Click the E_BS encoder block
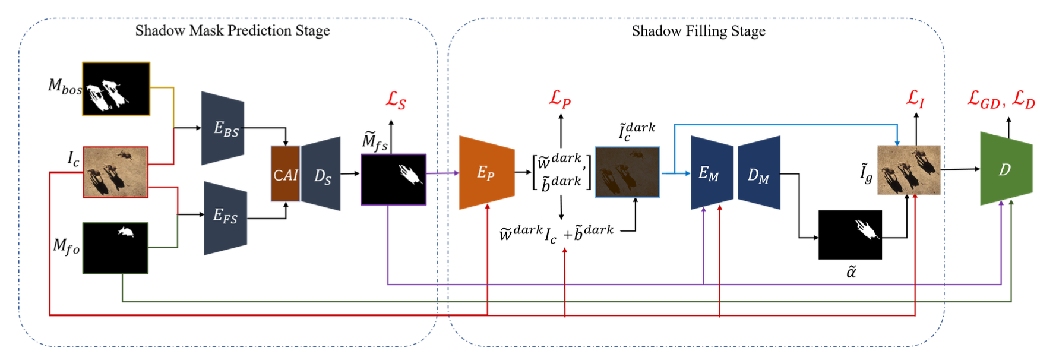click(223, 128)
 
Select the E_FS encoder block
click(225, 217)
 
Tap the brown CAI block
click(285, 174)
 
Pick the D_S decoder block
click(321, 174)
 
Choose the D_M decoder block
click(759, 173)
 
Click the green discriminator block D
click(1006, 169)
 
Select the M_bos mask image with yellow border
click(116, 89)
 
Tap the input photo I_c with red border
click(115, 172)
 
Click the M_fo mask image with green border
click(115, 248)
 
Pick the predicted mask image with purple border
click(393, 179)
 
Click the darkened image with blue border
click(627, 172)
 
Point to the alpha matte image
click(850, 235)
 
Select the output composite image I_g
click(909, 170)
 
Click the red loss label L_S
click(396, 100)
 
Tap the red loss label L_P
click(560, 98)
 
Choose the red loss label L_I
click(915, 99)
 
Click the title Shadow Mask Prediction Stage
click(232, 31)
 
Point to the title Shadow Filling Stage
click(698, 31)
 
